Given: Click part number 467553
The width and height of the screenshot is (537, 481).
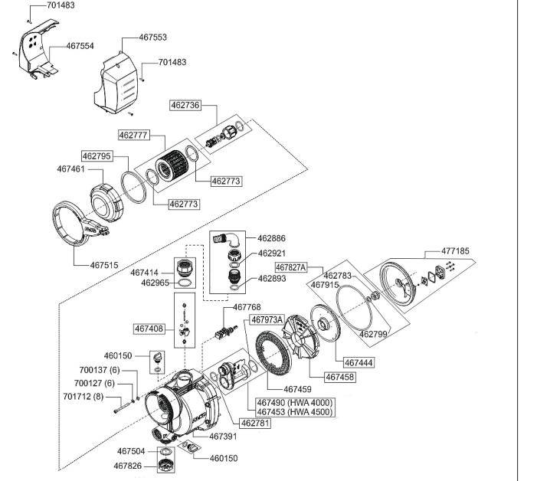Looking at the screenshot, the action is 152,37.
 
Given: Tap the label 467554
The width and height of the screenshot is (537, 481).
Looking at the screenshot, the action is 80,46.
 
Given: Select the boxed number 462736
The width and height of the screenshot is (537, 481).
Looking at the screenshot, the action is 185,105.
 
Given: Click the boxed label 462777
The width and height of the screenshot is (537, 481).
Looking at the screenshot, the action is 133,136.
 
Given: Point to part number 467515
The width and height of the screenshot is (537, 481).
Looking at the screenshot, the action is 104,265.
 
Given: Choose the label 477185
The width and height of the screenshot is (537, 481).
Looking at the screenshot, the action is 455,251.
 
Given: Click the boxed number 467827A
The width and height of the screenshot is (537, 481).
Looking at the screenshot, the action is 291,267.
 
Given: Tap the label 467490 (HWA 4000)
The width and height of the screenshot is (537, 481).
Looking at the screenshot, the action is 294,402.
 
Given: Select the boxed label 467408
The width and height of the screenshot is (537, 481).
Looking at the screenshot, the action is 149,329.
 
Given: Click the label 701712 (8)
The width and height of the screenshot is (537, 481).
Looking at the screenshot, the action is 83,397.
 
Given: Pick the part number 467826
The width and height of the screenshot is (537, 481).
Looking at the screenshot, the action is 127,466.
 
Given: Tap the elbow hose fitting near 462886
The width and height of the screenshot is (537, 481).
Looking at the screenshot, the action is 226,239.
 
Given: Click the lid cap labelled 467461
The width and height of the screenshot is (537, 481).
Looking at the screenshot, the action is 106,202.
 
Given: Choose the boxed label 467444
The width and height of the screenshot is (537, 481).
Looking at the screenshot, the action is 359,362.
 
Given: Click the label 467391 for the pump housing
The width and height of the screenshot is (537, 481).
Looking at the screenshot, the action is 223,437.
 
